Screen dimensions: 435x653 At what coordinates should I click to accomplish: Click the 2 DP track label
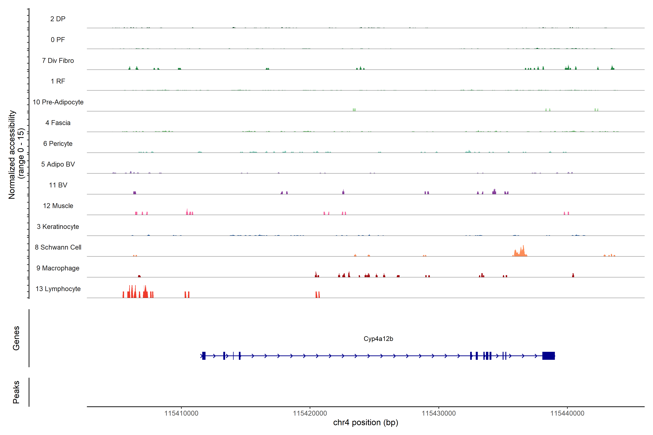click(x=58, y=19)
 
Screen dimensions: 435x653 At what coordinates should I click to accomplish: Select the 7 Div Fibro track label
click(x=58, y=61)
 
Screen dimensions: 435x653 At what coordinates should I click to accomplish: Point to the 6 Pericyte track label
click(x=58, y=143)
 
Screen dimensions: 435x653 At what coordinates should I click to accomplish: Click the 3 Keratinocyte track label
click(x=58, y=227)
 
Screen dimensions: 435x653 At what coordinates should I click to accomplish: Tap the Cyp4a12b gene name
click(x=378, y=339)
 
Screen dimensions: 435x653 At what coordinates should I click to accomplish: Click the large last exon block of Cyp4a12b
click(x=548, y=356)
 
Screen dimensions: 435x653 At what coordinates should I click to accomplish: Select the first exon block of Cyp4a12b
click(x=204, y=356)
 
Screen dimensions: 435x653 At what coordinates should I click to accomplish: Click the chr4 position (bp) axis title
click(x=365, y=422)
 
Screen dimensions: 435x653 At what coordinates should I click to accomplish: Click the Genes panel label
click(x=16, y=338)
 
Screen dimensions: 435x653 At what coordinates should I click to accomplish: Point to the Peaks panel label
click(x=16, y=392)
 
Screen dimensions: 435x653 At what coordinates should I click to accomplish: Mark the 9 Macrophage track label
click(x=58, y=268)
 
